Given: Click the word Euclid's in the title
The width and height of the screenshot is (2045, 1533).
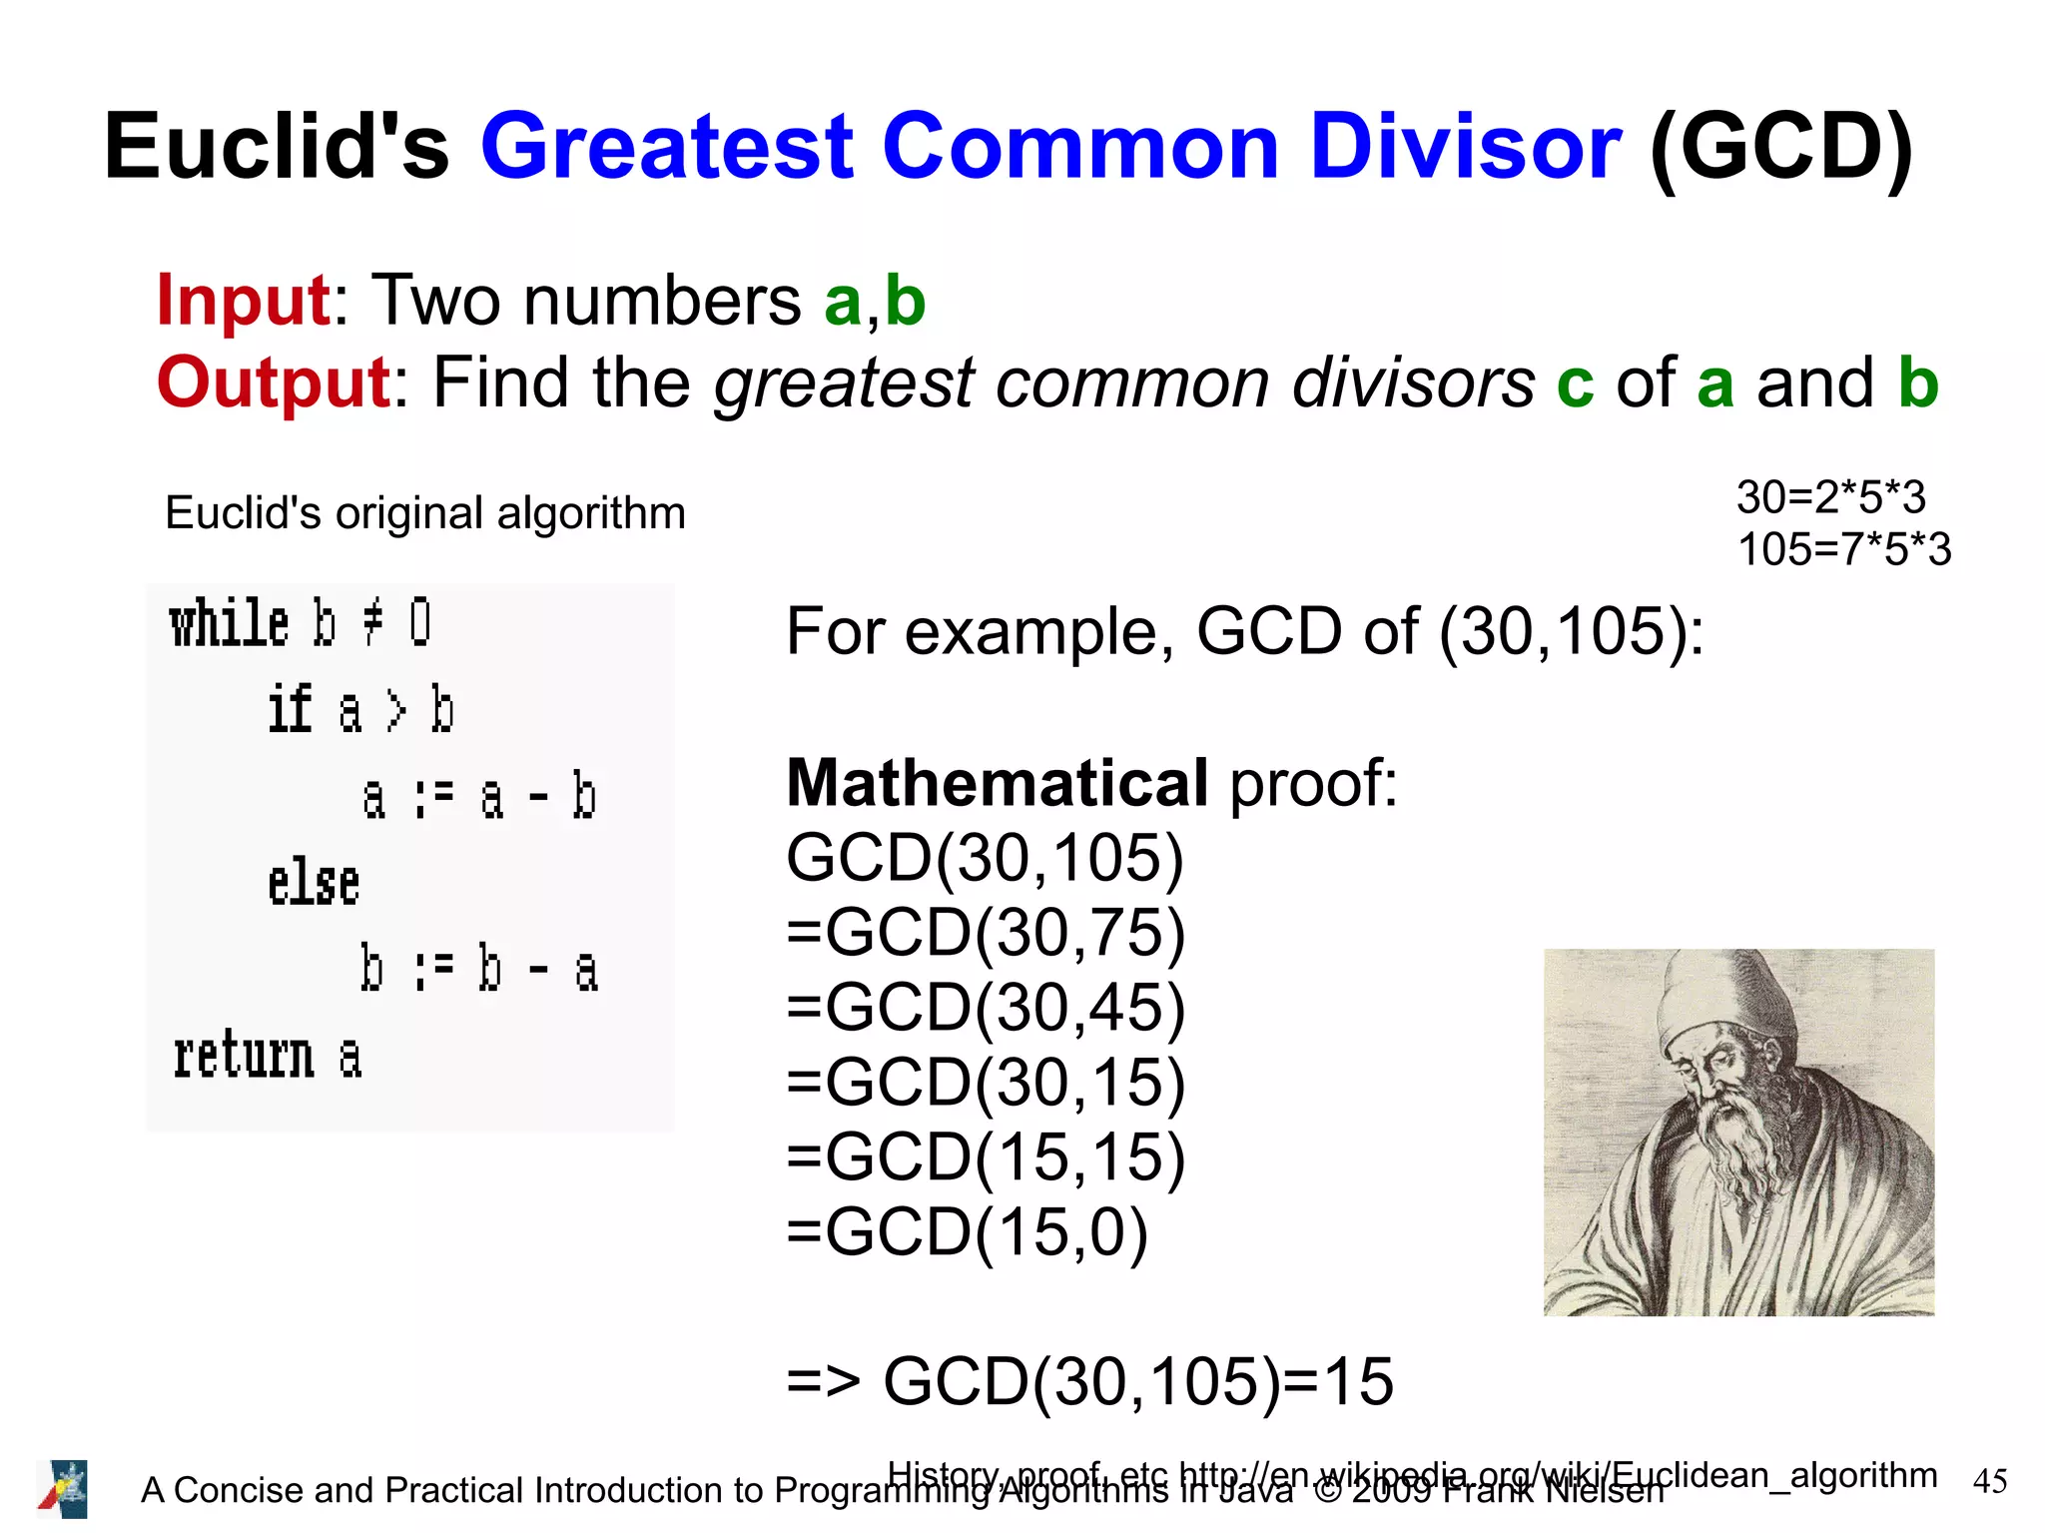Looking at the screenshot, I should click(x=277, y=147).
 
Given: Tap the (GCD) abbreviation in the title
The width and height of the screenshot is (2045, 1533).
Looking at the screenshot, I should click(x=1780, y=147).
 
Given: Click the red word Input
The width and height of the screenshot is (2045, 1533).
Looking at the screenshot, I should click(x=243, y=301).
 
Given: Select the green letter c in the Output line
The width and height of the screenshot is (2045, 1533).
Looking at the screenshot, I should click(x=1575, y=384).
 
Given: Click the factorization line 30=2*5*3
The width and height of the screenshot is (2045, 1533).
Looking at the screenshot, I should click(x=1830, y=497).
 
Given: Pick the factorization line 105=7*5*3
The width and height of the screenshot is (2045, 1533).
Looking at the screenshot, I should click(x=1843, y=549).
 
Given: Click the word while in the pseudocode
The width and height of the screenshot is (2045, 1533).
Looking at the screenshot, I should click(x=229, y=623).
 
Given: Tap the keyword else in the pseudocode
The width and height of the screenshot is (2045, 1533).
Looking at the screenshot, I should click(x=313, y=883).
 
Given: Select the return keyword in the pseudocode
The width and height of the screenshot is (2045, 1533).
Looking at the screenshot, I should click(x=243, y=1056).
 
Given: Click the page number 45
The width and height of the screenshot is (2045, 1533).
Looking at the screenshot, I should click(x=1989, y=1481).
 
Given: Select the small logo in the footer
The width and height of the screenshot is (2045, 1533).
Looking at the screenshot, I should click(x=63, y=1489).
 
